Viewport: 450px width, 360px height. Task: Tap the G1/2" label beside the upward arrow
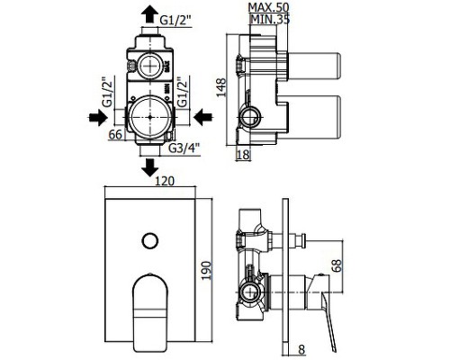[183, 14]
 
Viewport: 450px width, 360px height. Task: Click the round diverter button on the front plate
[149, 240]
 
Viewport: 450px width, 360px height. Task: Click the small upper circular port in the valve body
[148, 66]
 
